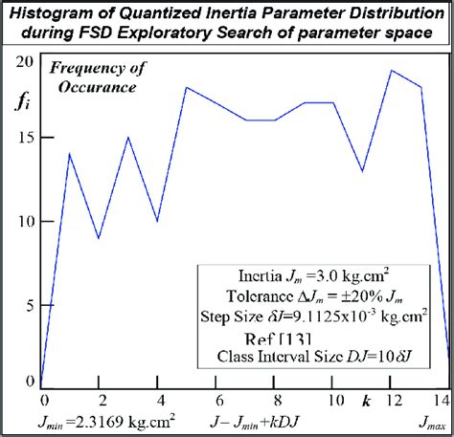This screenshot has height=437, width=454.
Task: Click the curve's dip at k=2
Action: [x=99, y=238]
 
